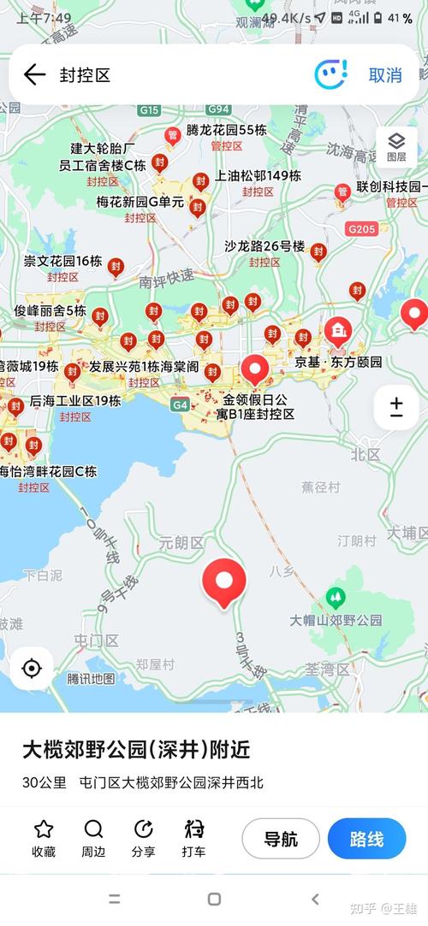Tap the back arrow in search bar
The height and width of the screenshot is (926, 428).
(34, 74)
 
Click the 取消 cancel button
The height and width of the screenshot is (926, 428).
(385, 75)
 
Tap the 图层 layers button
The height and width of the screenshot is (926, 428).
(396, 146)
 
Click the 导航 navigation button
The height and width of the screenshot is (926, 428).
(281, 839)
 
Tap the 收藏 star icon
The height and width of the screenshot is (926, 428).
(44, 829)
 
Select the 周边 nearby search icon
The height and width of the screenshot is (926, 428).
(93, 829)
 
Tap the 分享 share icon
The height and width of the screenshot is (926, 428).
(144, 829)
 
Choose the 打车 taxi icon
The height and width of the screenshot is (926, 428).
(193, 829)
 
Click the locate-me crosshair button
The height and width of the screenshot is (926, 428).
(32, 668)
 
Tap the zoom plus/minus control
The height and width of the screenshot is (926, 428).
(396, 407)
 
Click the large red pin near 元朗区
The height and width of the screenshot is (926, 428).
(224, 581)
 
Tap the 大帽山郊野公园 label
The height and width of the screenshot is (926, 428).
(336, 620)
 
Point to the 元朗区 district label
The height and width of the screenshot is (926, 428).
(181, 543)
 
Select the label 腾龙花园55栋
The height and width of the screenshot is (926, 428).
(227, 130)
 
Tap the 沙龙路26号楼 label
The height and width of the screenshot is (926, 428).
(265, 245)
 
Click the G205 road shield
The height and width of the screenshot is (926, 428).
(361, 229)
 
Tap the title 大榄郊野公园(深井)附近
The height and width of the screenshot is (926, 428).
(136, 750)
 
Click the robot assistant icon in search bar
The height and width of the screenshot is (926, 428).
(330, 74)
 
